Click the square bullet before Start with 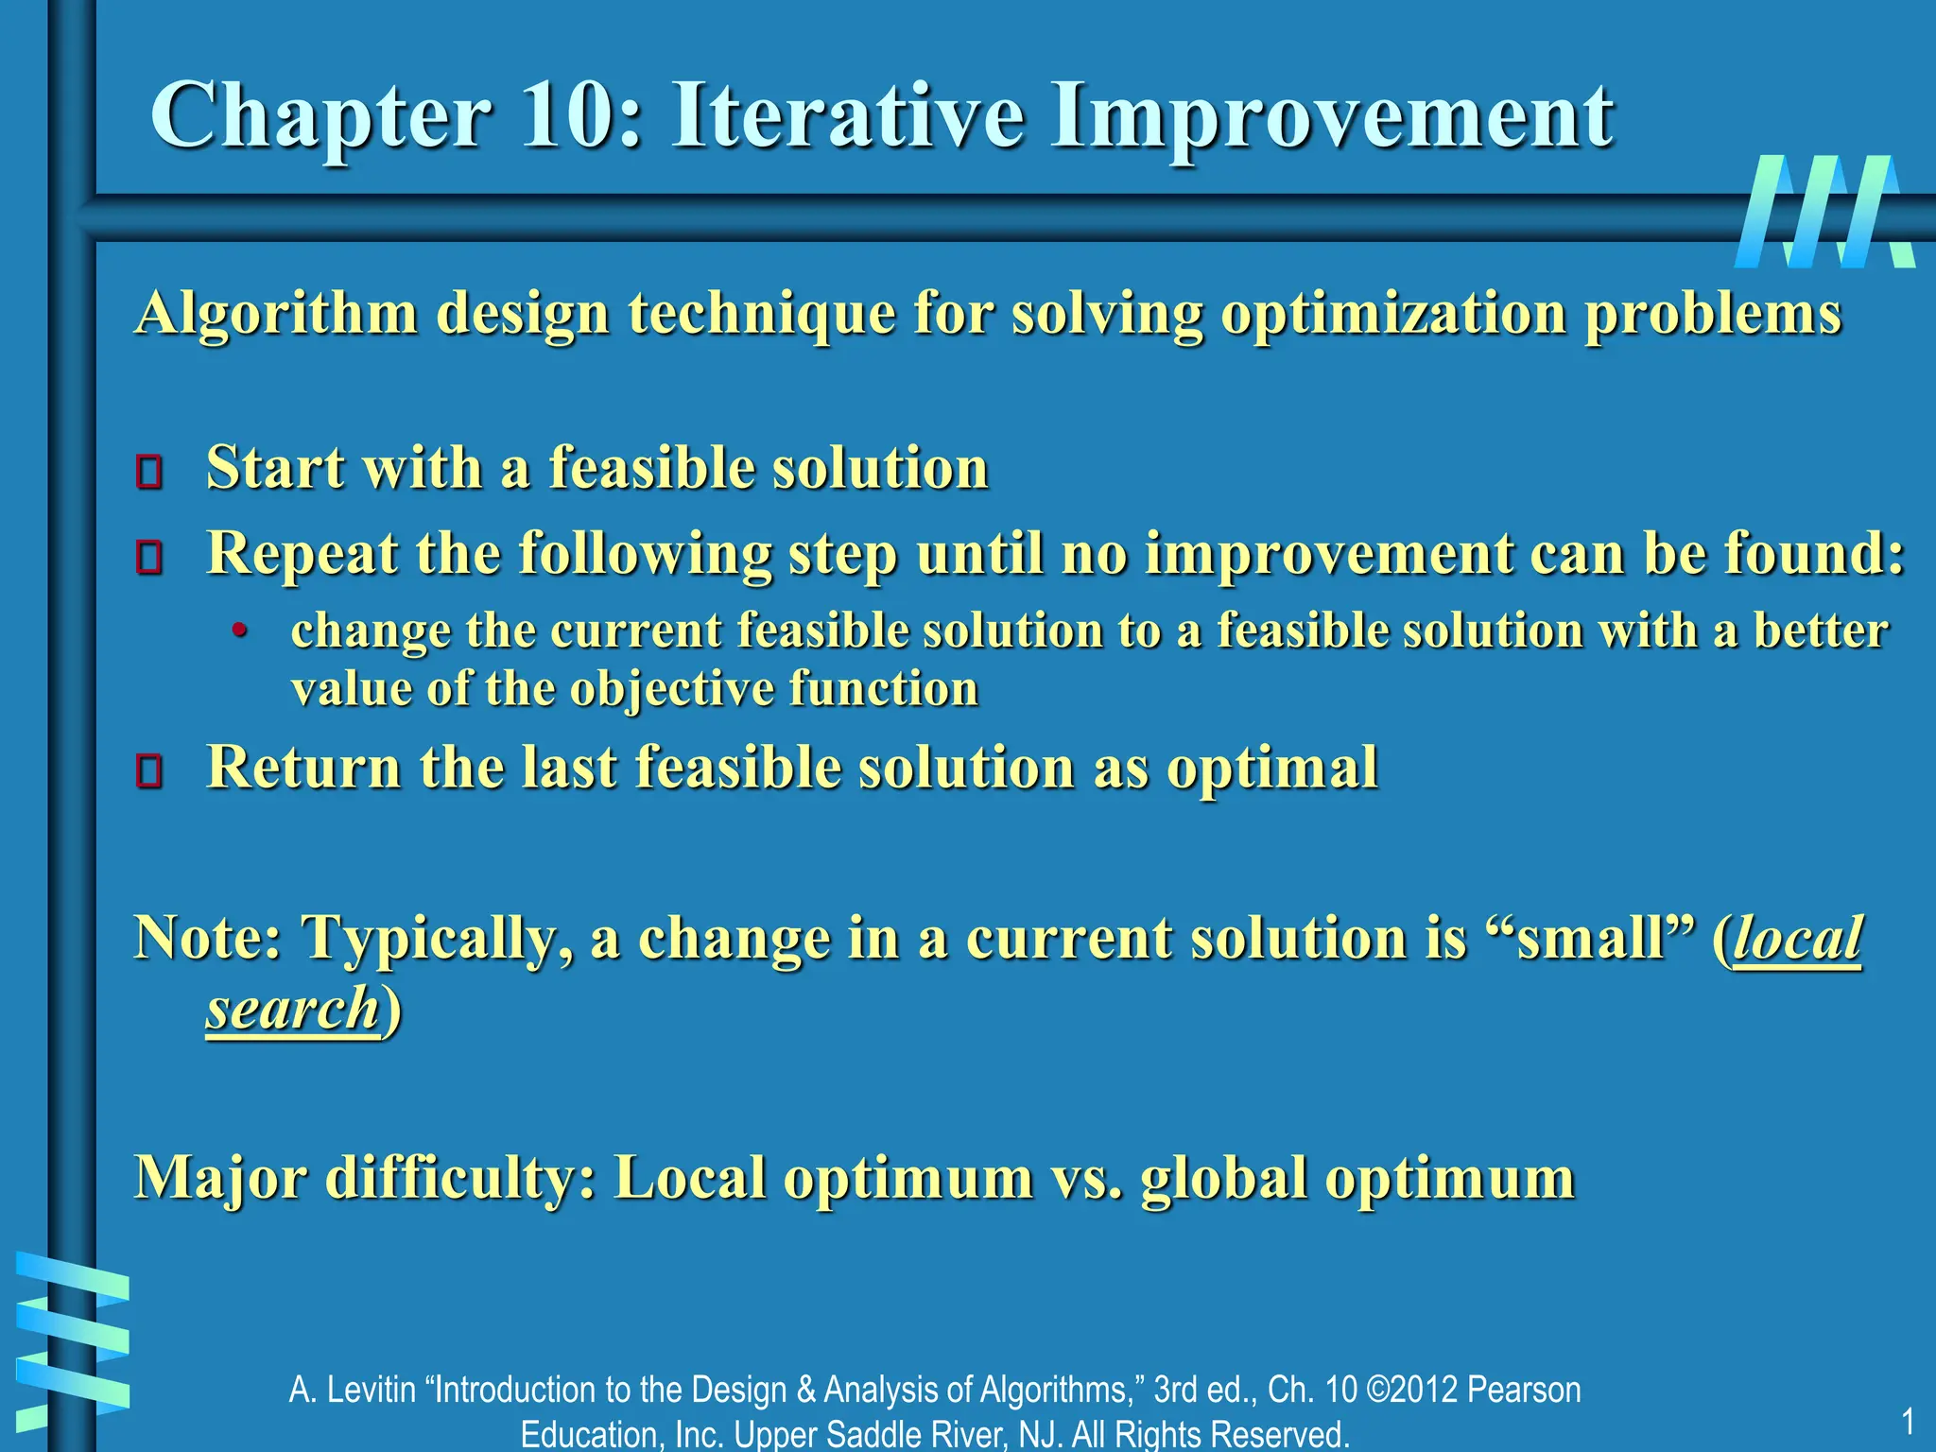[148, 472]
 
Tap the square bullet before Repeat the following [148, 557]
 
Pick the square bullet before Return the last [148, 770]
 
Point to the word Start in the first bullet [274, 468]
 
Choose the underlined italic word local [1796, 938]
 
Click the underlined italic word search [292, 1009]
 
